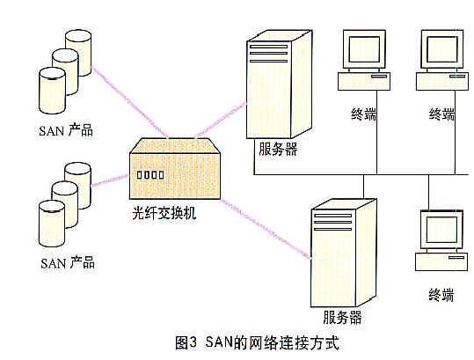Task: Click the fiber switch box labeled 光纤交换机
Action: (x=175, y=168)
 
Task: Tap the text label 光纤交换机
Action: (x=164, y=213)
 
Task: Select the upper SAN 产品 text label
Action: (x=66, y=130)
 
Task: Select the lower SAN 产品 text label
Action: (x=68, y=262)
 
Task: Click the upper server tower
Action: (x=279, y=84)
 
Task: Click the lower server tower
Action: (x=343, y=253)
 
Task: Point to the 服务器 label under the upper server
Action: (x=278, y=149)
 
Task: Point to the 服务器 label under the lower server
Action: (x=342, y=318)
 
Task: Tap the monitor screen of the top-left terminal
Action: (x=364, y=49)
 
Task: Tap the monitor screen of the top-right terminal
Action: (x=442, y=49)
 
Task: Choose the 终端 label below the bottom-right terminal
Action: (x=441, y=294)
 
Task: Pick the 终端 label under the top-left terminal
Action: (x=364, y=114)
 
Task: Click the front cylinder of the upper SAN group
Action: (x=52, y=91)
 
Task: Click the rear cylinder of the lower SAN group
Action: (x=77, y=185)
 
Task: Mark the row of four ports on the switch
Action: (x=150, y=175)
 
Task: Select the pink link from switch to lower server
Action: (x=266, y=229)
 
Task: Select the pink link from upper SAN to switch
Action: (x=130, y=103)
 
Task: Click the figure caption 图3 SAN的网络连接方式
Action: (x=258, y=342)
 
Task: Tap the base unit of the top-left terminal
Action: (x=364, y=81)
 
